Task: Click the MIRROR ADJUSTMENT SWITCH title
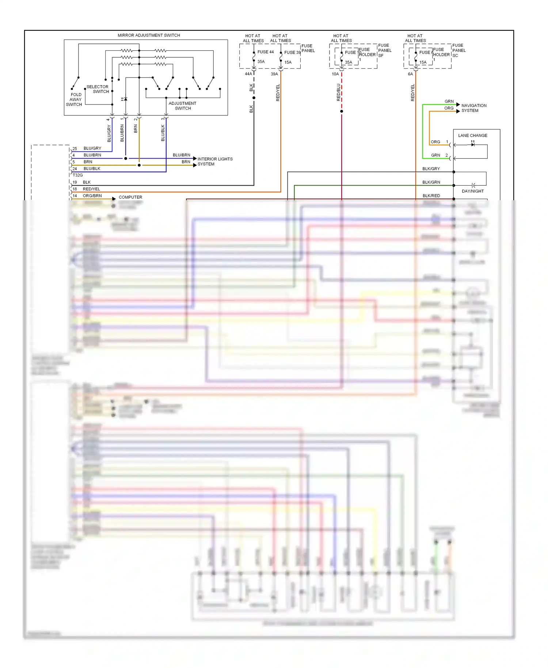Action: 149,35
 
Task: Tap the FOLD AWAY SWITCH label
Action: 75,99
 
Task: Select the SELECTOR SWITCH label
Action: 98,89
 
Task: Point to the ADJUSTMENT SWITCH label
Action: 182,106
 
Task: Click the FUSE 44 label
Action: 265,52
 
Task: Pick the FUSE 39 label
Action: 292,52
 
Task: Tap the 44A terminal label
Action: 248,74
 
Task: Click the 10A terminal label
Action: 335,74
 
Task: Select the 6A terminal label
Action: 410,74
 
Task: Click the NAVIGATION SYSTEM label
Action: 473,108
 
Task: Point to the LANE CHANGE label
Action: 472,136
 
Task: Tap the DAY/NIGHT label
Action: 472,191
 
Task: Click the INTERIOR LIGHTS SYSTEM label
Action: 215,162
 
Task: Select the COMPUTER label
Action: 130,197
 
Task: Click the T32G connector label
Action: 77,175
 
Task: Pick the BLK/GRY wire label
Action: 431,169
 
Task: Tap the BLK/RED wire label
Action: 431,196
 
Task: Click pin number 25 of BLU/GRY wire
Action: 75,149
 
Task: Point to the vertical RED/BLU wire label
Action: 338,92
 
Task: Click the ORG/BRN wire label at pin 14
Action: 92,196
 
